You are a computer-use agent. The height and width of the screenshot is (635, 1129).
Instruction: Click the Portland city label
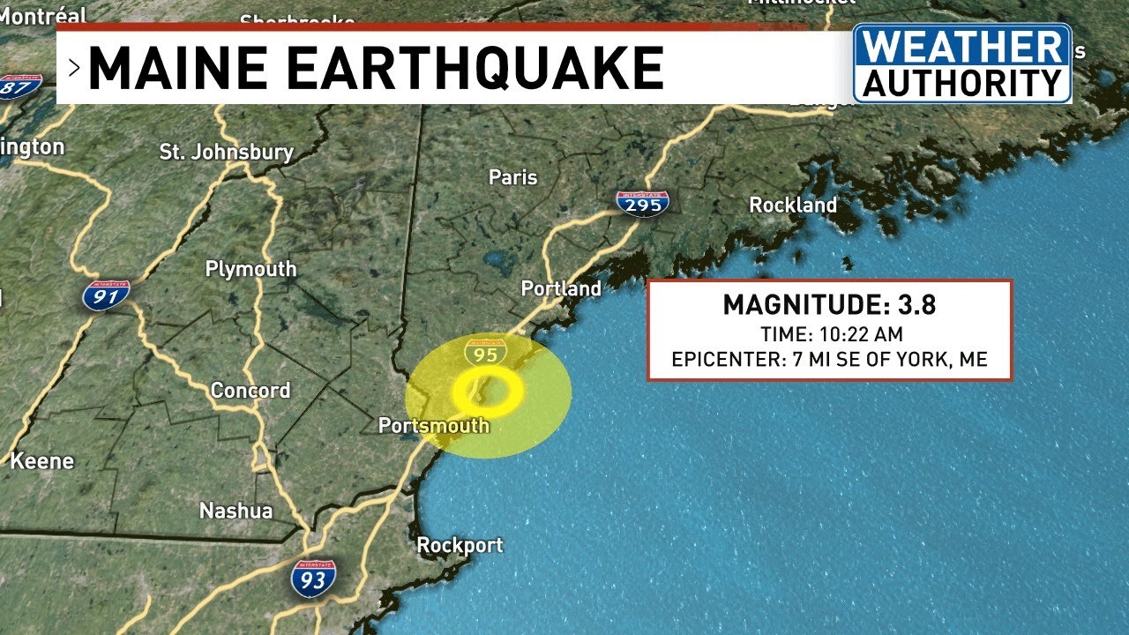[561, 288]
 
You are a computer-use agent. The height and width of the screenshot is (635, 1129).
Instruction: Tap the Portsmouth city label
[433, 425]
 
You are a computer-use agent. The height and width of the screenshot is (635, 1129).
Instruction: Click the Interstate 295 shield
[642, 203]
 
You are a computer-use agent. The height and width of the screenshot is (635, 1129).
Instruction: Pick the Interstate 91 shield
[107, 295]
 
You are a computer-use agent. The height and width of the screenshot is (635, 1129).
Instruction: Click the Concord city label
[250, 390]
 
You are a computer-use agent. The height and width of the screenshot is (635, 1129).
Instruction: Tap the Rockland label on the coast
[793, 205]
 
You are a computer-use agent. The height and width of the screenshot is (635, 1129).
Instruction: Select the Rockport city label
[460, 545]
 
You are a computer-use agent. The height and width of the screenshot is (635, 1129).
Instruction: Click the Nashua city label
[236, 511]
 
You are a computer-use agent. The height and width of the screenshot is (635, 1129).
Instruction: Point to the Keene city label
[41, 460]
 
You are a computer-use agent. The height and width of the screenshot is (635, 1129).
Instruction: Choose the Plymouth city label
[250, 269]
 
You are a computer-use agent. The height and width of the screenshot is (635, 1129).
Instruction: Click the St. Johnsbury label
[226, 152]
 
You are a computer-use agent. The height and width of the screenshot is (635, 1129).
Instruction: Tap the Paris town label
[512, 177]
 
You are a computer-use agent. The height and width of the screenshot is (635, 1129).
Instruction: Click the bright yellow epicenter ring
[489, 392]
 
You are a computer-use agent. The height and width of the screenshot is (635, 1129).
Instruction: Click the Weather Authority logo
[961, 63]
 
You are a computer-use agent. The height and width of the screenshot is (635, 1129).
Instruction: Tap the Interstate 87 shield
[19, 86]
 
